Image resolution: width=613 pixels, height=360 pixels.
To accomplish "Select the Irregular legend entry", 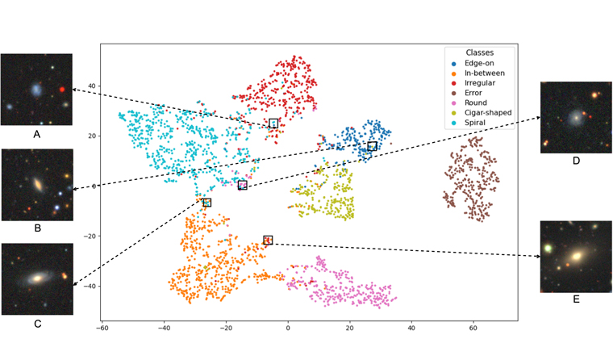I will [x=479, y=83].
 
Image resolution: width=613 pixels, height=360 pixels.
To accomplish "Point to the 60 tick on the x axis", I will [x=473, y=329].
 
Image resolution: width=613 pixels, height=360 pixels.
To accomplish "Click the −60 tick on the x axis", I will [x=102, y=329].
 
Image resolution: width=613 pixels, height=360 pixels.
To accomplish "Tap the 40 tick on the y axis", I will [x=91, y=86].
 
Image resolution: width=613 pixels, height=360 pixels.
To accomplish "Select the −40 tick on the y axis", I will [x=90, y=286].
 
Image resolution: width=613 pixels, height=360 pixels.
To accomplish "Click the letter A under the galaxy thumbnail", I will [x=36, y=134].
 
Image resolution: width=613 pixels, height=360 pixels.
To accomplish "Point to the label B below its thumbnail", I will [x=37, y=228].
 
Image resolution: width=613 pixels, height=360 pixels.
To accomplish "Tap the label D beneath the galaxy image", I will [x=576, y=161].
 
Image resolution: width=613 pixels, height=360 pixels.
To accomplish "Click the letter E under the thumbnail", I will [x=576, y=299].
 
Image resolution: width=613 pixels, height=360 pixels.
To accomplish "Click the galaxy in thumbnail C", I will [x=35, y=278].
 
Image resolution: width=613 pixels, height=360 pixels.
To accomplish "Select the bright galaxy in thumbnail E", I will [x=576, y=257].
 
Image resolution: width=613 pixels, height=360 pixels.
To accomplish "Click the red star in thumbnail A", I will [x=61, y=89].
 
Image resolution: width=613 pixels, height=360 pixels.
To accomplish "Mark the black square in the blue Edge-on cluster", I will [x=372, y=146].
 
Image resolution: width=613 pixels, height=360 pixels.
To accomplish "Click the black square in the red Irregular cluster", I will [x=273, y=123].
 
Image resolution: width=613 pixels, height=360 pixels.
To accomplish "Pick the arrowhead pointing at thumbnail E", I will [x=537, y=257].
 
